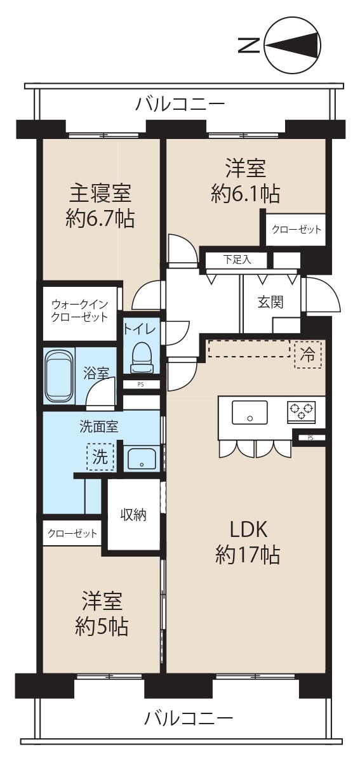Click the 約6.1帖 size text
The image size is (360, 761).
pyautogui.click(x=245, y=195)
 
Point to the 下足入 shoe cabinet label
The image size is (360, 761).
pyautogui.click(x=237, y=259)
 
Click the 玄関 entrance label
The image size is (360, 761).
pyautogui.click(x=270, y=302)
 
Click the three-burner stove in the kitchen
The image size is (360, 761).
pyautogui.click(x=301, y=411)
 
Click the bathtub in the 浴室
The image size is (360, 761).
pyautogui.click(x=59, y=376)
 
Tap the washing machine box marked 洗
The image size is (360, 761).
pyautogui.click(x=100, y=457)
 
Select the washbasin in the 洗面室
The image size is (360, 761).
pyautogui.click(x=142, y=459)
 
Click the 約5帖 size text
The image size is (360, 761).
pyautogui.click(x=102, y=626)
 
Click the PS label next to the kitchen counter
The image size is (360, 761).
pyautogui.click(x=310, y=438)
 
